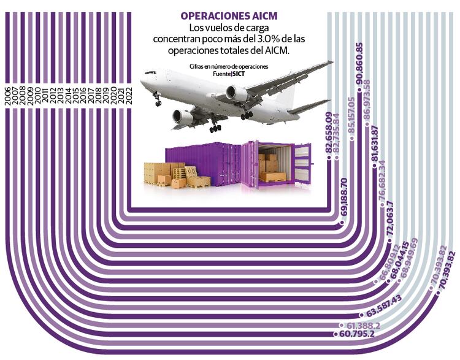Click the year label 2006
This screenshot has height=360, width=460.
pyautogui.click(x=7, y=98)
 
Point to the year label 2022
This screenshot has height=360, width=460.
pyautogui.click(x=128, y=98)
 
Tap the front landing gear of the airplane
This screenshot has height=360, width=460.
pyautogui.click(x=157, y=100)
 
